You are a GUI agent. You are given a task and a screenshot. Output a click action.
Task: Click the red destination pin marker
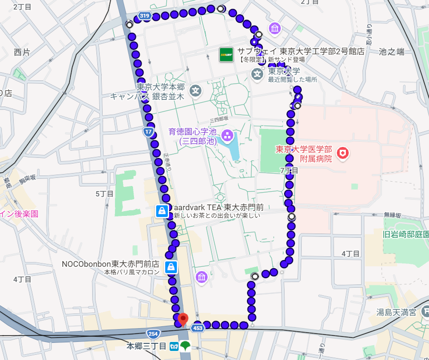point(183,319)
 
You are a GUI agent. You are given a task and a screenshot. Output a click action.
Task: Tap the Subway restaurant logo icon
point(226,55)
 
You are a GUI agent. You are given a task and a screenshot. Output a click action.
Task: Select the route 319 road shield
point(145,17)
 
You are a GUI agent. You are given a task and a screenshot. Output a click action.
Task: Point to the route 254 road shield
point(153,333)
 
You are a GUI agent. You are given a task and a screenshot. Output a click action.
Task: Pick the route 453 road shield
point(198,328)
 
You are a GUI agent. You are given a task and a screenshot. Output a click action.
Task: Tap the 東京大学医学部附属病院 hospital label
point(304,154)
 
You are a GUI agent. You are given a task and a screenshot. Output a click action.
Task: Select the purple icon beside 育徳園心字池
point(227,136)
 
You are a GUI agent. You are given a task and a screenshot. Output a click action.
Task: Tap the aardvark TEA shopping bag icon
point(162,211)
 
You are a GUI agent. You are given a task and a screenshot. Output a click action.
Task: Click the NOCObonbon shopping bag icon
point(170,267)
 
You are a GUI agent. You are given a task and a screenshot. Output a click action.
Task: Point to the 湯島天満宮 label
point(396,312)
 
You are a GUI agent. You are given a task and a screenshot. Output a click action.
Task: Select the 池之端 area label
point(391,51)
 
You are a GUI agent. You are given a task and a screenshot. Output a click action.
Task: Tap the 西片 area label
point(21,52)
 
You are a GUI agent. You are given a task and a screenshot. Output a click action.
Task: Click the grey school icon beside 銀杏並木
point(195,90)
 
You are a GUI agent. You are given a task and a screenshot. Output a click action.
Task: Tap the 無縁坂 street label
point(393,214)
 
